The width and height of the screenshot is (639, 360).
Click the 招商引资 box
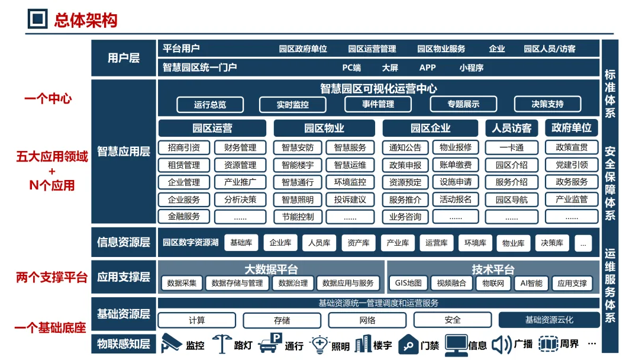click(184, 147)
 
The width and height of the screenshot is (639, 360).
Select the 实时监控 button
click(292, 105)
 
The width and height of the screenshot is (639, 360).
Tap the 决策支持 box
click(547, 105)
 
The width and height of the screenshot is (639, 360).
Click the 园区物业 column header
click(324, 128)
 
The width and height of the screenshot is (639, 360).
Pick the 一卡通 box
click(511, 147)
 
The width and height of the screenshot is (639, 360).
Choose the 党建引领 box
click(571, 165)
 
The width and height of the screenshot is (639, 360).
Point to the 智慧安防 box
click(298, 147)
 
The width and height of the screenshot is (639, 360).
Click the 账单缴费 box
click(456, 165)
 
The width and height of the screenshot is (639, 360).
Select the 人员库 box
click(319, 243)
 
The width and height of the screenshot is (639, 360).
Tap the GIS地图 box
click(408, 283)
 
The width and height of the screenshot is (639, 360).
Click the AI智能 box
click(531, 283)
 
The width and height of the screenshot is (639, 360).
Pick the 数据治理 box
click(293, 283)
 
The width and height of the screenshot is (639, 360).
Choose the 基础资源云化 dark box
click(549, 320)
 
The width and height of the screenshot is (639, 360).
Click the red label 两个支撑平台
click(51, 277)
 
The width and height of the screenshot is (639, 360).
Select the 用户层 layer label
click(124, 57)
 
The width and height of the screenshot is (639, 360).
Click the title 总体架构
click(86, 20)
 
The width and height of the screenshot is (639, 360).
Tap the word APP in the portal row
click(427, 67)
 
